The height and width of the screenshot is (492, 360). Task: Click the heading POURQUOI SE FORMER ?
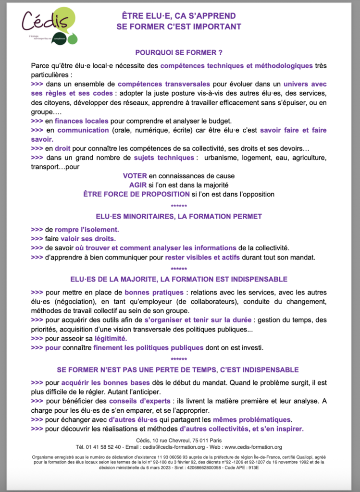pos(178,52)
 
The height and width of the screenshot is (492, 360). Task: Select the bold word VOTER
pos(135,176)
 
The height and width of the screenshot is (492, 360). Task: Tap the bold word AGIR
pos(139,185)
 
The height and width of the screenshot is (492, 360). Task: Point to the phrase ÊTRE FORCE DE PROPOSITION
pos(137,194)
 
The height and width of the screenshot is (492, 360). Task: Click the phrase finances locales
pos(81,121)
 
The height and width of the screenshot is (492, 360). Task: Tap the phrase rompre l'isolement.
pos(87,229)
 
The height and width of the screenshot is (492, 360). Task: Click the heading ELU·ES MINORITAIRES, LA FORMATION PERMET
pos(179,217)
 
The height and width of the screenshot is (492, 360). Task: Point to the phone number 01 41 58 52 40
pos(103,446)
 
